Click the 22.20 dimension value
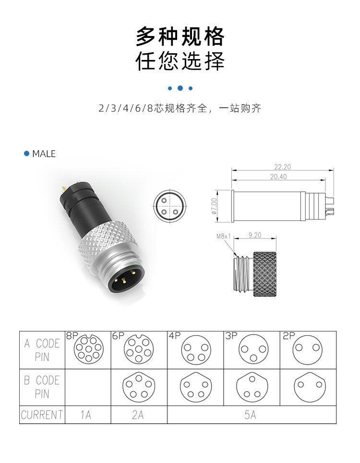click(x=283, y=167)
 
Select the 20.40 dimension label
click(x=278, y=177)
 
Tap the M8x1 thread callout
click(x=224, y=236)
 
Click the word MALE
click(x=44, y=154)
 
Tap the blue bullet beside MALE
click(x=27, y=154)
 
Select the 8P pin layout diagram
click(x=88, y=349)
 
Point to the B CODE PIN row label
click(x=42, y=387)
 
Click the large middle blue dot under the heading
click(x=180, y=88)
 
